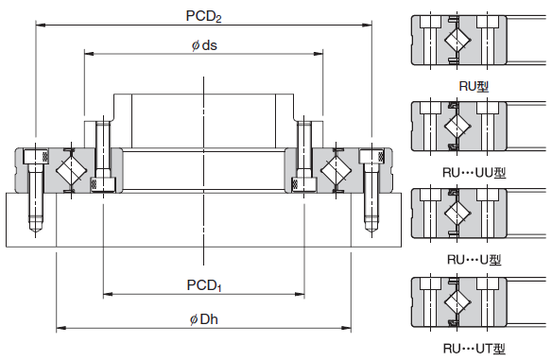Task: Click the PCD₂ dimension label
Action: pyautogui.click(x=203, y=16)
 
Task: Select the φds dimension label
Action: pyautogui.click(x=204, y=45)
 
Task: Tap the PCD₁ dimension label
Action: pyautogui.click(x=204, y=285)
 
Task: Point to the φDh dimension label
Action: pyautogui.click(x=204, y=319)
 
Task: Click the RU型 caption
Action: pyautogui.click(x=474, y=86)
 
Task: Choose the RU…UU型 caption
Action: pyautogui.click(x=474, y=173)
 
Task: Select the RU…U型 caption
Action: pyautogui.click(x=474, y=260)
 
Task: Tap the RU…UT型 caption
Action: pyautogui.click(x=474, y=349)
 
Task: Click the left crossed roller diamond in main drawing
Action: pyautogui.click(x=72, y=170)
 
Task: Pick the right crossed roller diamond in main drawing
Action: pyautogui.click(x=336, y=170)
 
